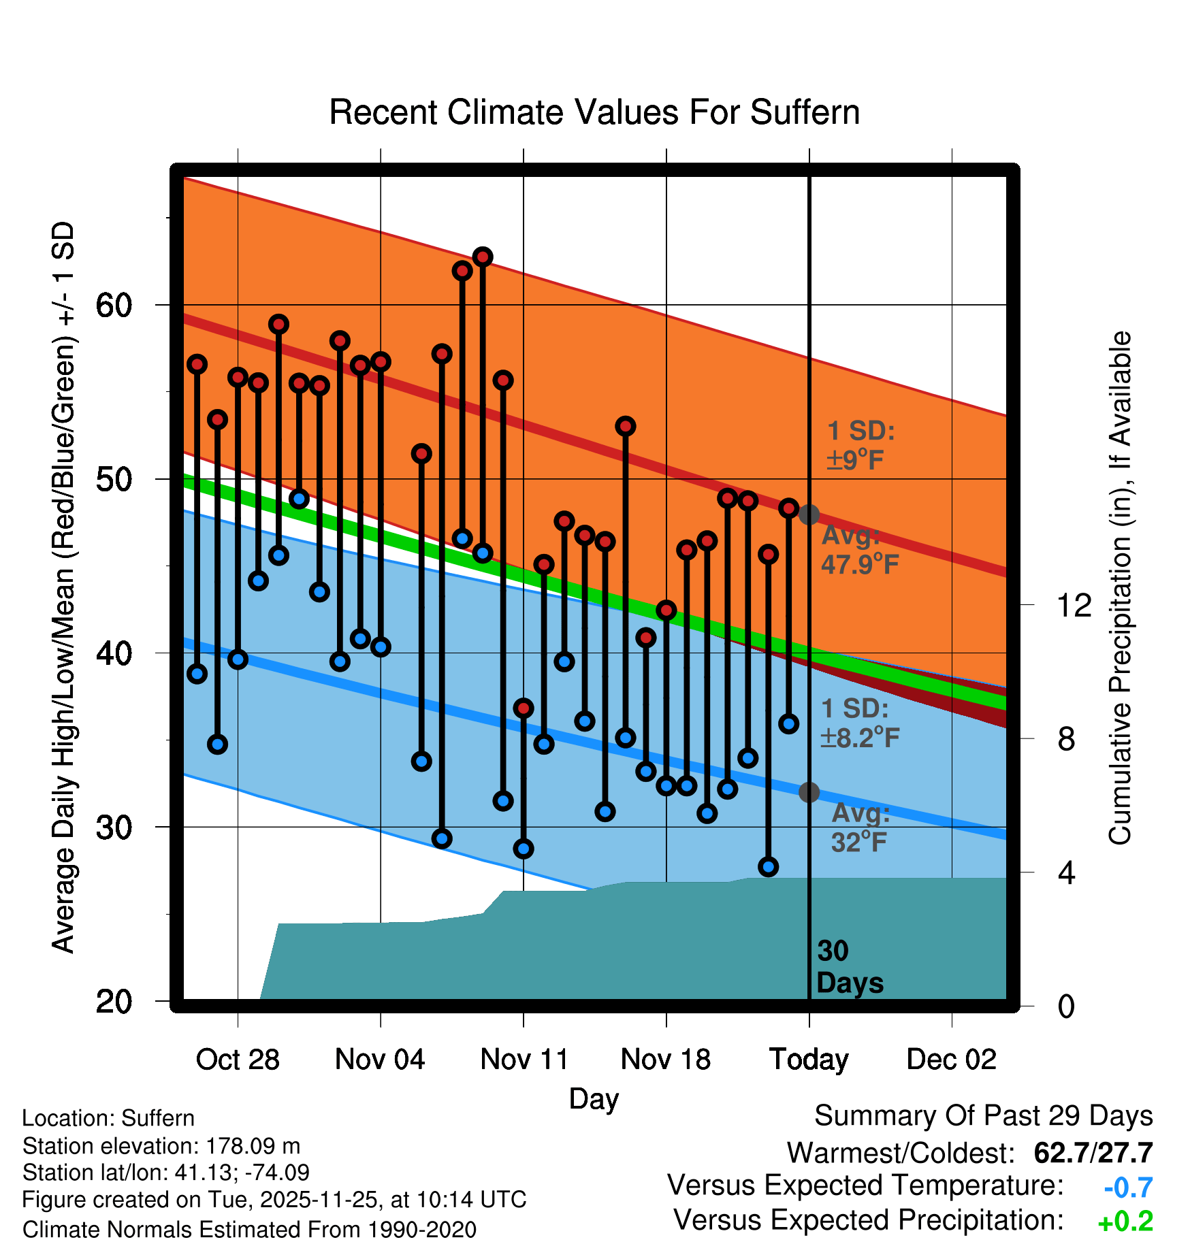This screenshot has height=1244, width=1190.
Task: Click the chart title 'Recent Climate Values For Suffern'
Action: pyautogui.click(x=594, y=112)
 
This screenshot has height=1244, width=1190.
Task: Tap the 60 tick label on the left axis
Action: pyautogui.click(x=114, y=306)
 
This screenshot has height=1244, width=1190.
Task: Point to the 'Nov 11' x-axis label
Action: pyautogui.click(x=524, y=1060)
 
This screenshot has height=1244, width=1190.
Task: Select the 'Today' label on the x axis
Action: pyautogui.click(x=809, y=1060)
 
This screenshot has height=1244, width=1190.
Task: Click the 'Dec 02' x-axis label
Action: pyautogui.click(x=951, y=1060)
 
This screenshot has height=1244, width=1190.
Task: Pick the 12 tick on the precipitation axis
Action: pyautogui.click(x=1074, y=605)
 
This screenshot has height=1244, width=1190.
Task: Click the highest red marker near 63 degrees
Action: pyautogui.click(x=483, y=257)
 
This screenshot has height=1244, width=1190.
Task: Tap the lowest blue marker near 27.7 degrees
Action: pyautogui.click(x=768, y=866)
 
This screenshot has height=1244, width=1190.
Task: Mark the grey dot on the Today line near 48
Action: pyautogui.click(x=809, y=514)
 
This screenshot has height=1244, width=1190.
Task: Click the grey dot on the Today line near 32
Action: pyautogui.click(x=809, y=792)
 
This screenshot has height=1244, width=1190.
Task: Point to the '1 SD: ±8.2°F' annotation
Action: pyautogui.click(x=859, y=723)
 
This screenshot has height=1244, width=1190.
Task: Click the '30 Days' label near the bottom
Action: pyautogui.click(x=849, y=967)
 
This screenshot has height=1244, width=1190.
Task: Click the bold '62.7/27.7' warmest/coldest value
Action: pyautogui.click(x=1093, y=1153)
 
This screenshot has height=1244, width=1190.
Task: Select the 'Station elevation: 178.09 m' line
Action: pyautogui.click(x=161, y=1146)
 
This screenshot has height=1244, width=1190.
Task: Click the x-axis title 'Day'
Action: pyautogui.click(x=594, y=1098)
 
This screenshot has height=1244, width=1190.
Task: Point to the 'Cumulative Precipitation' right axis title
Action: pyautogui.click(x=1120, y=588)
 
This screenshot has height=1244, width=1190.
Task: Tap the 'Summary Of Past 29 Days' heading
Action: pyautogui.click(x=983, y=1116)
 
